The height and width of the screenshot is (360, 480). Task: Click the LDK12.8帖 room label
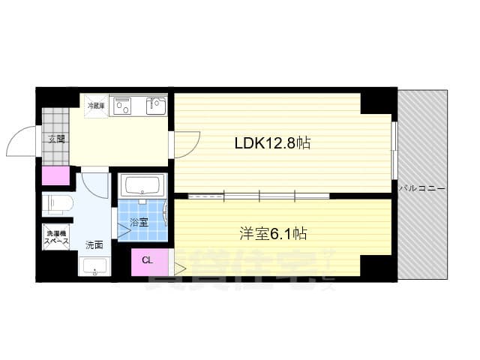273,142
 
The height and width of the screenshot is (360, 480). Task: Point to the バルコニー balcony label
423,188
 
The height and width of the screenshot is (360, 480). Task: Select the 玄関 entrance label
56,139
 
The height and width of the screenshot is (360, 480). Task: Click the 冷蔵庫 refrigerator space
94,106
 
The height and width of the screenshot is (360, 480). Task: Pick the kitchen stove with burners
121,106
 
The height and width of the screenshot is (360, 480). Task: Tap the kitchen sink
156,106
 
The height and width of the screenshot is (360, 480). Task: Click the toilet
57,202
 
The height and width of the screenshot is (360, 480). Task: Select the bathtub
142,186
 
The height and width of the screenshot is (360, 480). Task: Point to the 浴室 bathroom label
139,222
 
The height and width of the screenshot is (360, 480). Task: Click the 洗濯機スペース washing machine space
55,238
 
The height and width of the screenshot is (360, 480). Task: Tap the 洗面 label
94,244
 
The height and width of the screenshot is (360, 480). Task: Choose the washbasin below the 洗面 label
94,266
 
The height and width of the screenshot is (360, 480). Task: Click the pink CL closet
147,261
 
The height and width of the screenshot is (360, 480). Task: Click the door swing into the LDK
187,143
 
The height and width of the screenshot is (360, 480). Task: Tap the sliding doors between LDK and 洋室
259,196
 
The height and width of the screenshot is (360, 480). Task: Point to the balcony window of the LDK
394,150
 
